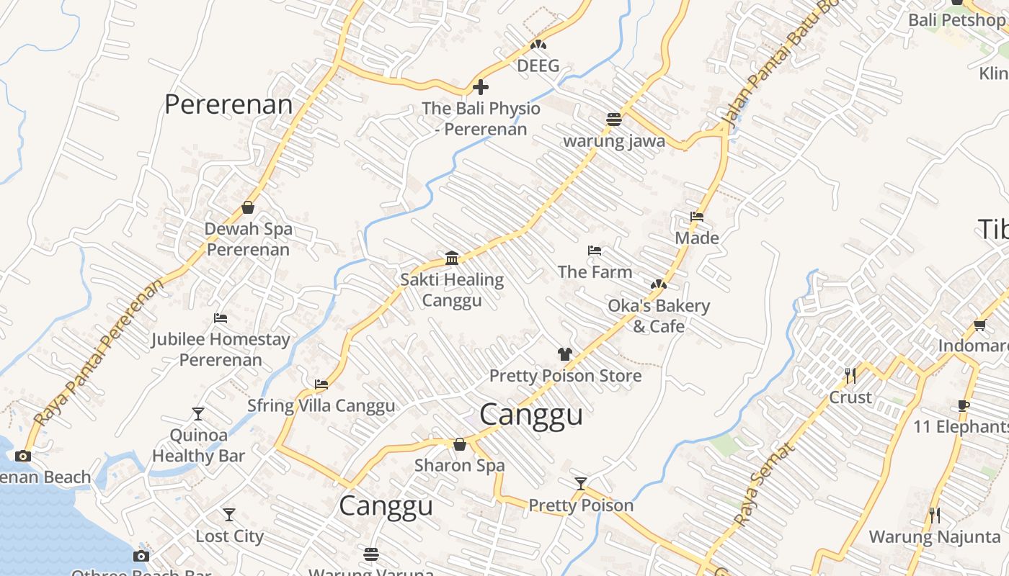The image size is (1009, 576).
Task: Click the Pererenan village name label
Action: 228,104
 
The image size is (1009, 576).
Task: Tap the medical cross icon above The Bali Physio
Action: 481,88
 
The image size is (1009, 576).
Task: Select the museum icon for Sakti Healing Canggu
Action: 452,258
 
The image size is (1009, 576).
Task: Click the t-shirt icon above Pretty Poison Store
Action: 565,354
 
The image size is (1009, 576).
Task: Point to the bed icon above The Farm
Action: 595,251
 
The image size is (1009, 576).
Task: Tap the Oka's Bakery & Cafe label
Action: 659,316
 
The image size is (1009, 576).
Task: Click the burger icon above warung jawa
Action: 614,120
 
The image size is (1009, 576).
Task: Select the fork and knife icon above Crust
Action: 850,376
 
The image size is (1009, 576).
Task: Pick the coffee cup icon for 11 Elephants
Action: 964,406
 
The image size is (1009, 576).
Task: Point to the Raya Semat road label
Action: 765,484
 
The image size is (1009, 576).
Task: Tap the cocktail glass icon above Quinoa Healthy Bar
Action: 198,414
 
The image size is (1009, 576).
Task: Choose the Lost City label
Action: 229,536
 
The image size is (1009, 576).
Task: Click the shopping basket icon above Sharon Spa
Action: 459,444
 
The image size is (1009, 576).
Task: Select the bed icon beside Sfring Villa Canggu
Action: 321,384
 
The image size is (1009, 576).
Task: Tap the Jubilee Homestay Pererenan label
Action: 221,349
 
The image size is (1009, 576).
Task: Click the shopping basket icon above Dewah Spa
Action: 248,207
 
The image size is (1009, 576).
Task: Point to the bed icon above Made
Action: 697,216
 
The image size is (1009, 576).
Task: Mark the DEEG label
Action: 538,66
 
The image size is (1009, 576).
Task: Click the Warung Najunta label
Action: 935,536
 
